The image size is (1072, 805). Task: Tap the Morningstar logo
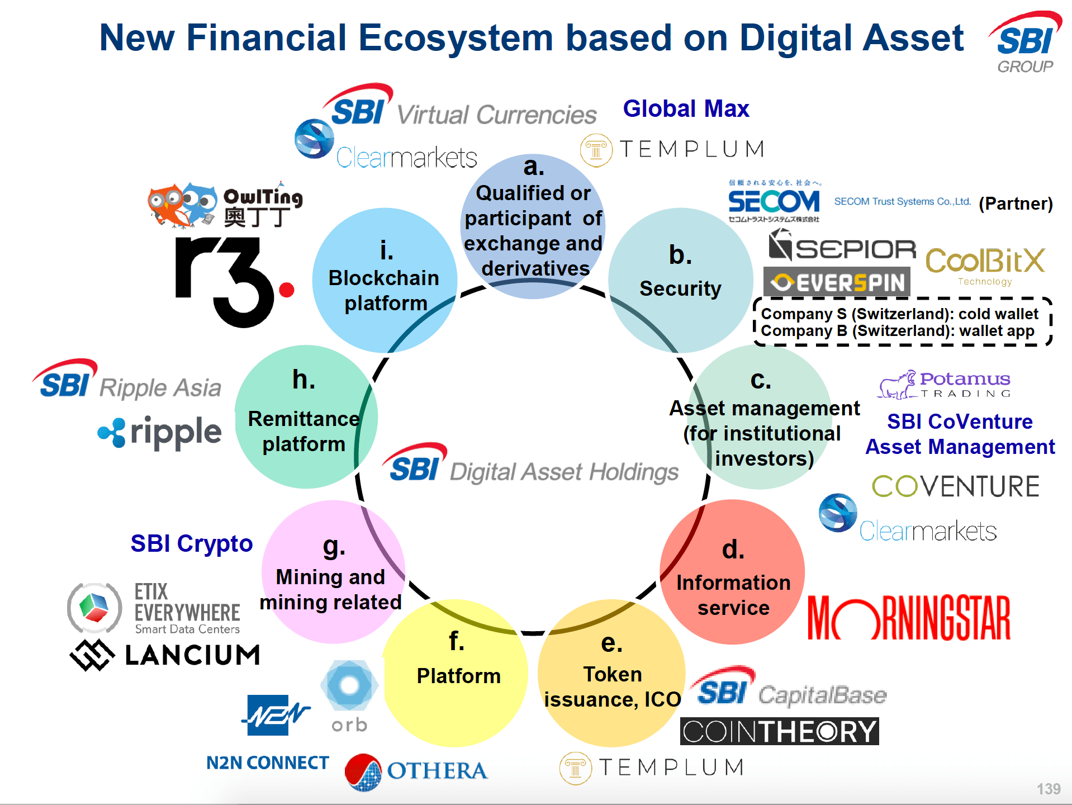click(909, 618)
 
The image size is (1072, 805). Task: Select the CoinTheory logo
click(779, 731)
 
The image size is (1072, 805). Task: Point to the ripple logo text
click(175, 432)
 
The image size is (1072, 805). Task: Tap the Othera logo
click(416, 771)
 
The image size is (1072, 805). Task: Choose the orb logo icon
click(349, 685)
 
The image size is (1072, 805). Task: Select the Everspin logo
click(837, 282)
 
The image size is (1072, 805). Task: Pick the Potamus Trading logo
click(945, 385)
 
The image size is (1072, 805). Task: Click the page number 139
click(1048, 789)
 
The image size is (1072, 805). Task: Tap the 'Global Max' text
click(686, 108)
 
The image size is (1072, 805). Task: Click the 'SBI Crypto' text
click(191, 543)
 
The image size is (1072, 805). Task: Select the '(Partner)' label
click(1016, 203)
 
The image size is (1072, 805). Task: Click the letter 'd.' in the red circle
click(733, 550)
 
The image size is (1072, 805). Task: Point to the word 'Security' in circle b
click(680, 288)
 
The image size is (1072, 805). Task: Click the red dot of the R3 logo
click(287, 290)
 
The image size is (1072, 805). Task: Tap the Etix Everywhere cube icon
click(94, 608)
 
